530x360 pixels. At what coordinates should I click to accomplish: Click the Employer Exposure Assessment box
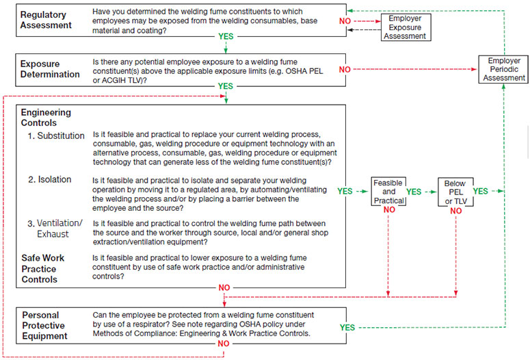click(x=405, y=27)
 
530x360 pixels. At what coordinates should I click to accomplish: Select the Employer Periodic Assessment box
click(x=504, y=69)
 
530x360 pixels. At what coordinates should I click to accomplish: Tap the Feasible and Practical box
click(x=388, y=192)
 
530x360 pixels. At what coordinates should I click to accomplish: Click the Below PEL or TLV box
click(x=455, y=192)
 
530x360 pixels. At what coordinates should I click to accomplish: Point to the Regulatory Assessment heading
click(x=47, y=20)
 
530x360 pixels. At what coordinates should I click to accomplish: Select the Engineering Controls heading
click(x=46, y=118)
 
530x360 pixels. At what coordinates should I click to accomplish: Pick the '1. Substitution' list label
click(x=56, y=136)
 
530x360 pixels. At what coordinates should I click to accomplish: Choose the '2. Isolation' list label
click(x=49, y=179)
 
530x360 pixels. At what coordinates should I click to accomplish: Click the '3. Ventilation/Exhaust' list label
click(x=55, y=229)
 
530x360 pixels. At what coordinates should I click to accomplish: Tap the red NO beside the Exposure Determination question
click(x=345, y=70)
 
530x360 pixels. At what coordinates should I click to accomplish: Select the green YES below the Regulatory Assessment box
click(x=225, y=36)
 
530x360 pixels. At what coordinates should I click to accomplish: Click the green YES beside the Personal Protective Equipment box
click(x=348, y=328)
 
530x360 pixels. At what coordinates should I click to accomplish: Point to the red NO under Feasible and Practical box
click(x=388, y=209)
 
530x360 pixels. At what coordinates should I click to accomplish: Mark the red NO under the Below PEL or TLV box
click(x=455, y=211)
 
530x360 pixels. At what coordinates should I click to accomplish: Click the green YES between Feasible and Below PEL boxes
click(x=414, y=192)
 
